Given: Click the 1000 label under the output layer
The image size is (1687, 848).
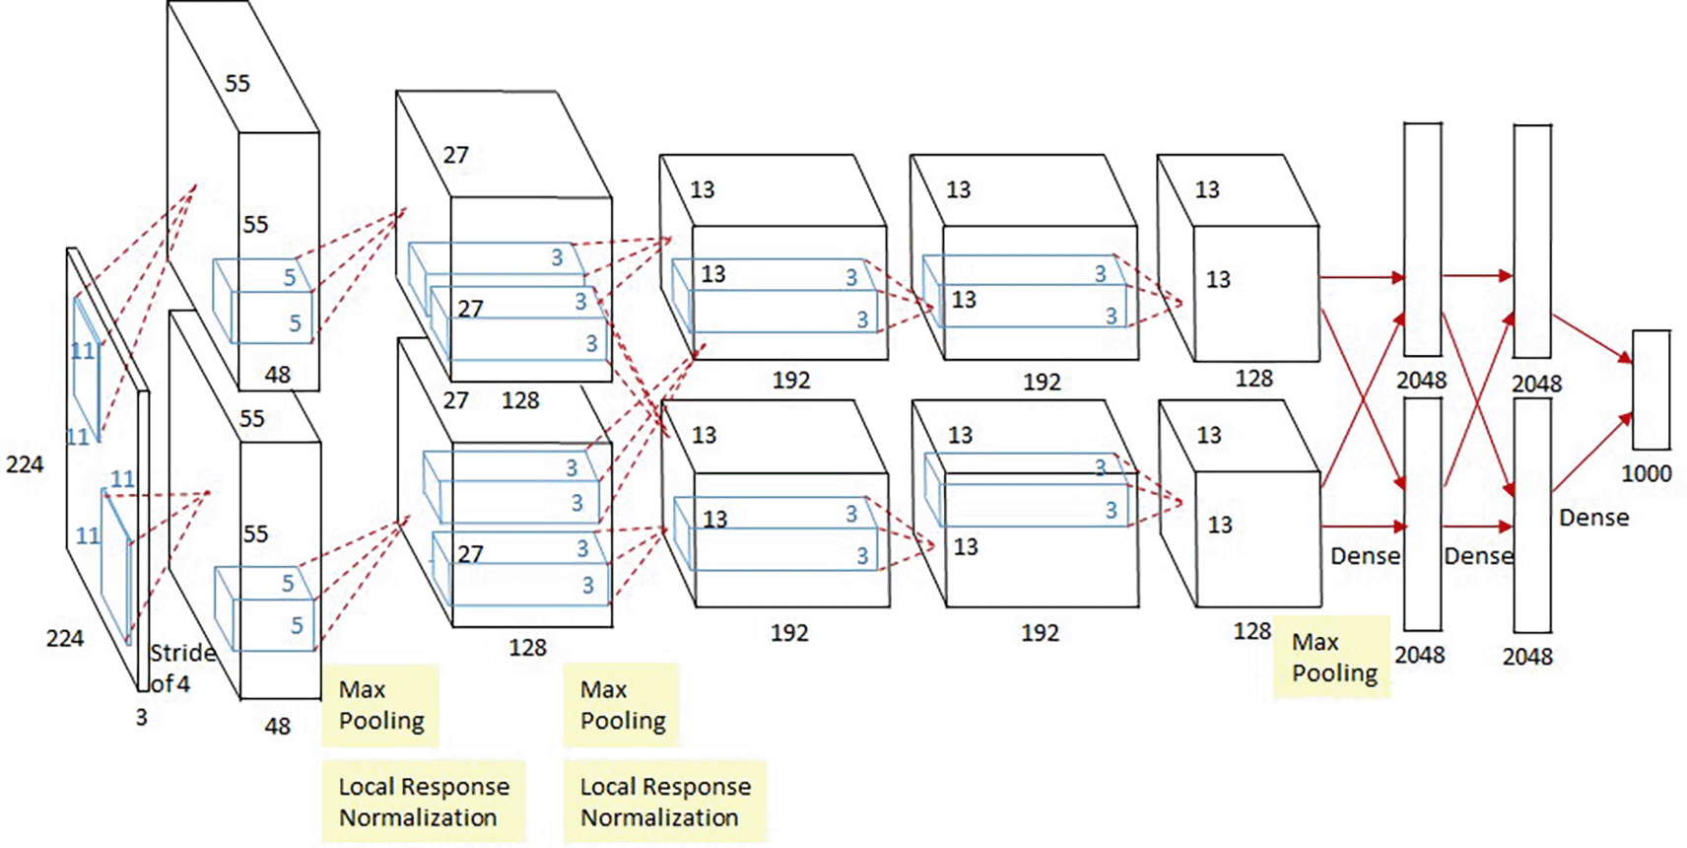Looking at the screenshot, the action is pos(1646,473).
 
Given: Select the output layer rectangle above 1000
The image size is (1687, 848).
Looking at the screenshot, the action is pos(1651,389).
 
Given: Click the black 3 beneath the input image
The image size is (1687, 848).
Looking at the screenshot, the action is pos(142,718).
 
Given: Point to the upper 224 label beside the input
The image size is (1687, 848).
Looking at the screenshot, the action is pos(25,464).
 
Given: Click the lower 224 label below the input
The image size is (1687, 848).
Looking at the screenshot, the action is pos(65,638).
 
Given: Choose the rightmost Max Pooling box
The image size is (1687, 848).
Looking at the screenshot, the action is pos(1332,658).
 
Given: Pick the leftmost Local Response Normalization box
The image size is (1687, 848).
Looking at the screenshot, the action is pos(424,802).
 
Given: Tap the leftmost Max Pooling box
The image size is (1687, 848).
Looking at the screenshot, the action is pos(380,706).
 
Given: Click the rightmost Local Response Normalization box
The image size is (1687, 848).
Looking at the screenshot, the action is pos(665,802).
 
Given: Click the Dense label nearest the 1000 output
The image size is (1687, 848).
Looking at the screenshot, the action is pos(1593,518).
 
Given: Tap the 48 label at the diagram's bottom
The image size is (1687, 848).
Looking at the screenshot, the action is pos(277,726).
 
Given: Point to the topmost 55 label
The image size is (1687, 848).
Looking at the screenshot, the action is pos(237,83).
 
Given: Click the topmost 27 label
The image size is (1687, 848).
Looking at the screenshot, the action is pos(455,155).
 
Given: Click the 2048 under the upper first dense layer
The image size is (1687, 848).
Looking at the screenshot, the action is pos(1421,380).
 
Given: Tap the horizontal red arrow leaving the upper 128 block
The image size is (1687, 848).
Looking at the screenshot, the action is pos(1363,277).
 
